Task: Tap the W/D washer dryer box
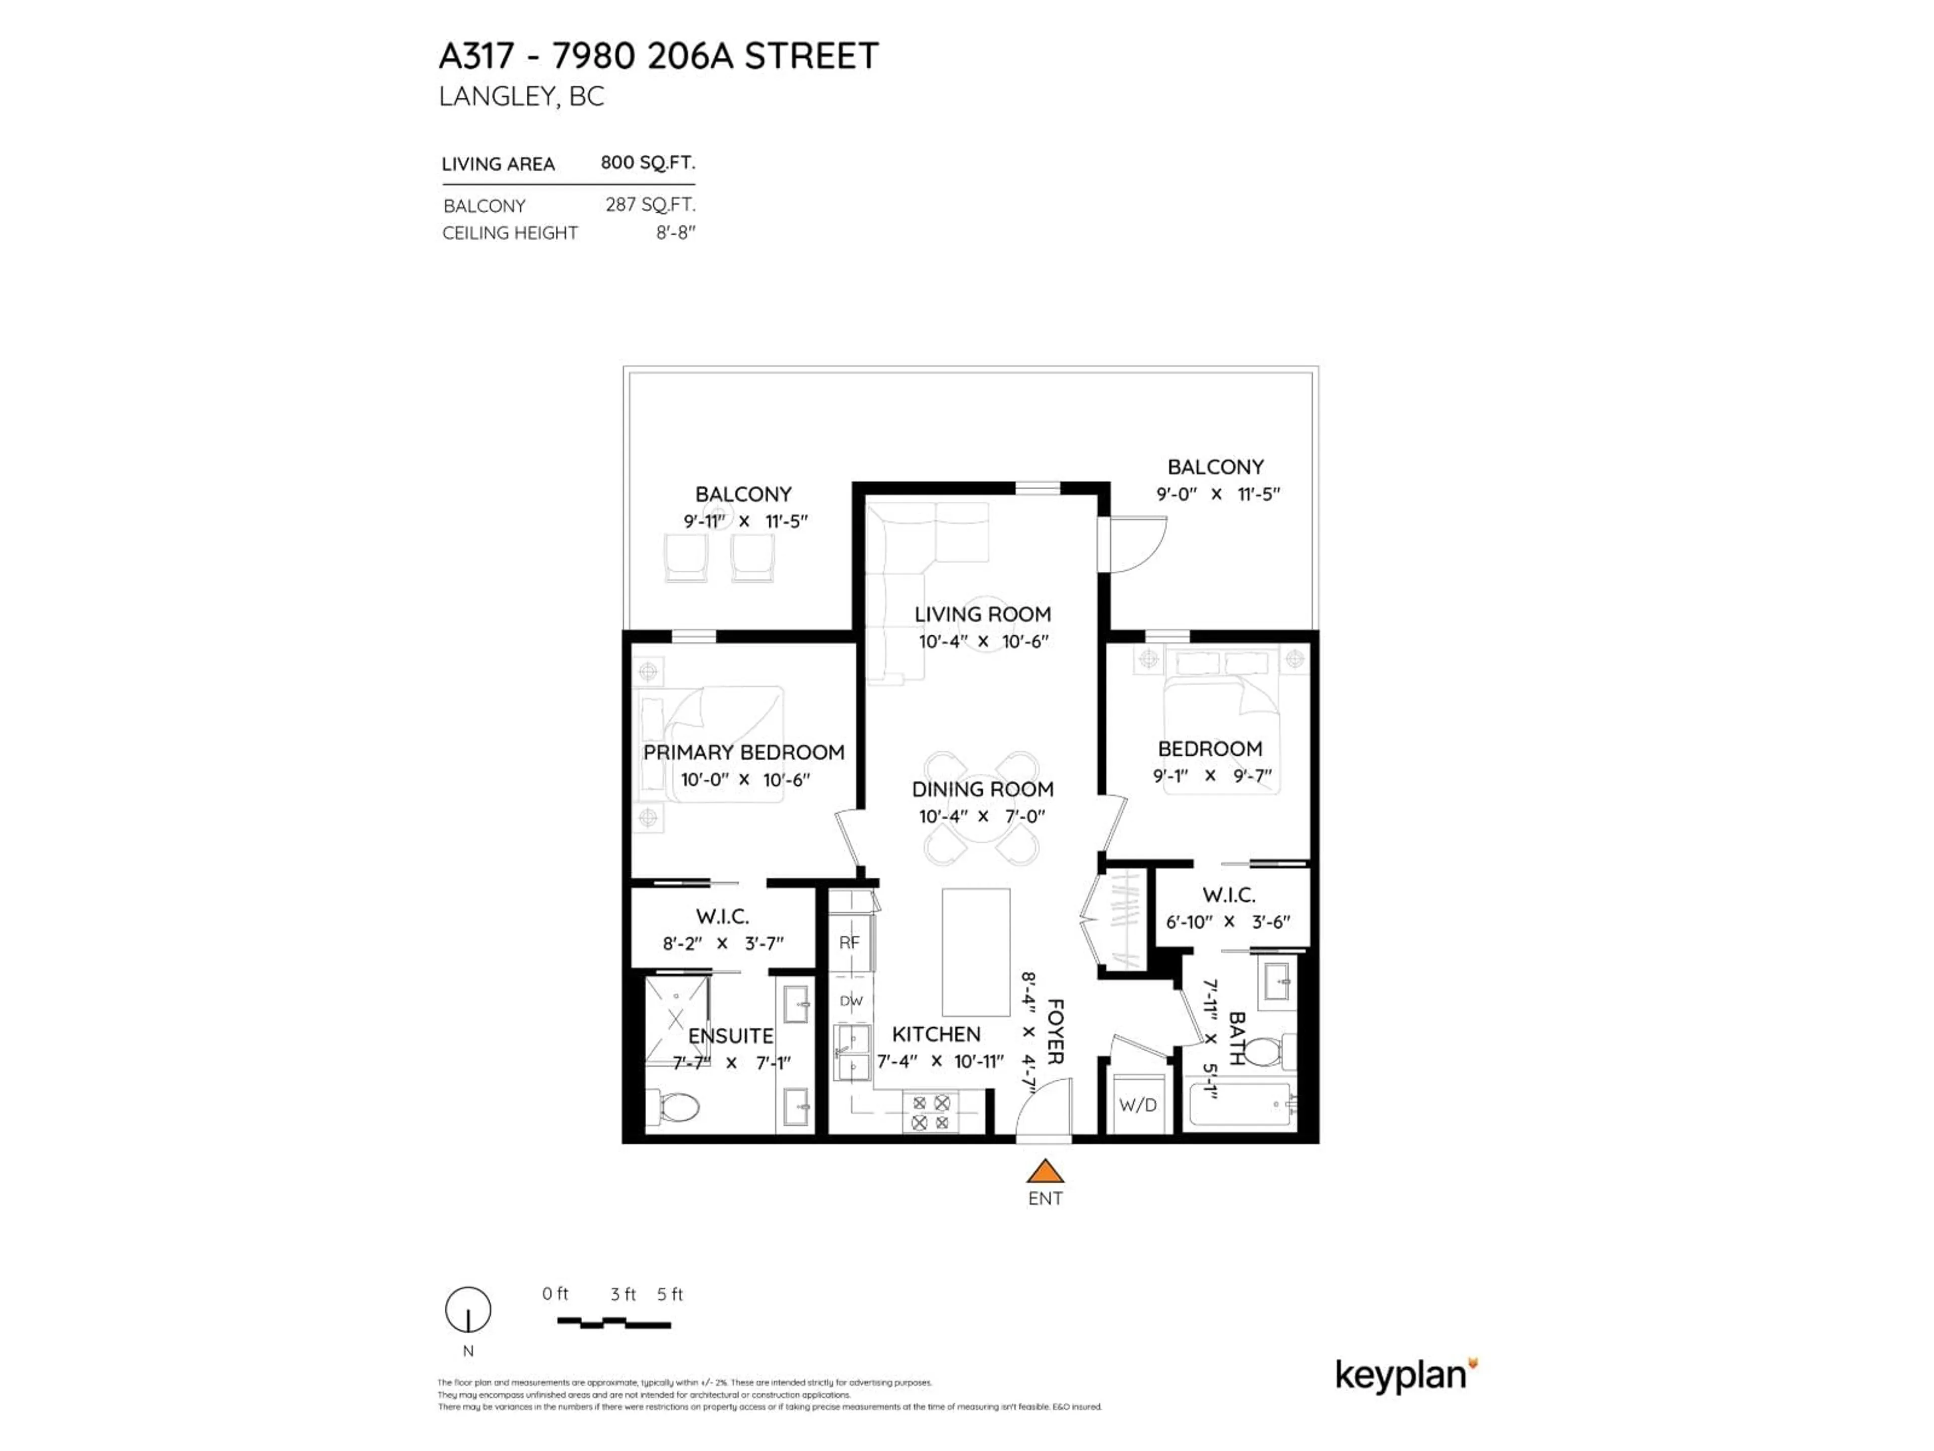point(1138,1105)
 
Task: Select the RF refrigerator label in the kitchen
point(849,943)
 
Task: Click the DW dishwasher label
point(851,1001)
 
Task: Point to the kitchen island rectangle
point(976,952)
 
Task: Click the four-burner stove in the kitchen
point(930,1112)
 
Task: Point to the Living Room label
point(983,614)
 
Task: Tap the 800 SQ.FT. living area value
point(647,163)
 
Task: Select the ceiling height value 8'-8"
point(676,233)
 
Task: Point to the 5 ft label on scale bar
point(670,1294)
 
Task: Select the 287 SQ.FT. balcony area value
point(650,205)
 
